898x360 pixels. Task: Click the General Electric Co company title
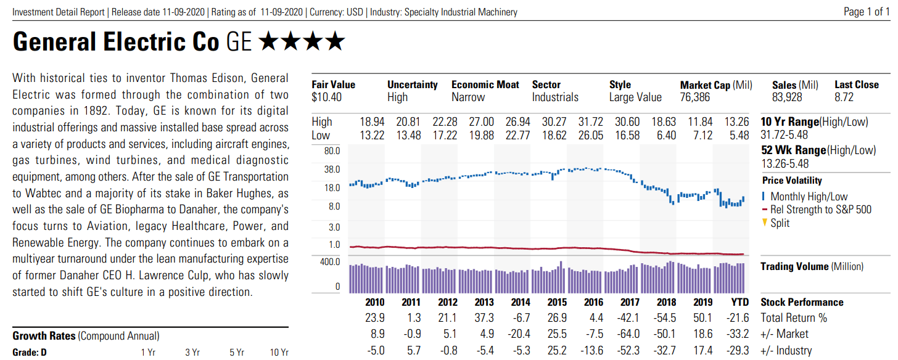click(x=115, y=42)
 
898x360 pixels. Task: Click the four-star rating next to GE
click(x=302, y=42)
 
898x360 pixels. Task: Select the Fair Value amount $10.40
click(x=327, y=97)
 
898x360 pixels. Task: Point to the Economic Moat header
click(x=485, y=85)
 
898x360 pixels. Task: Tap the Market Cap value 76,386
click(x=695, y=97)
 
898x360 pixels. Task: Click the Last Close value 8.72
click(x=844, y=97)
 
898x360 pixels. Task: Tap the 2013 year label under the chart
click(x=484, y=302)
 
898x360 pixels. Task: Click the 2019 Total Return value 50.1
click(x=702, y=318)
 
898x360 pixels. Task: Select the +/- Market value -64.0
click(x=629, y=334)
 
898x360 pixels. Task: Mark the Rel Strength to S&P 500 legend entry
click(x=820, y=210)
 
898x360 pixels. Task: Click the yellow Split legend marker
click(x=765, y=223)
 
